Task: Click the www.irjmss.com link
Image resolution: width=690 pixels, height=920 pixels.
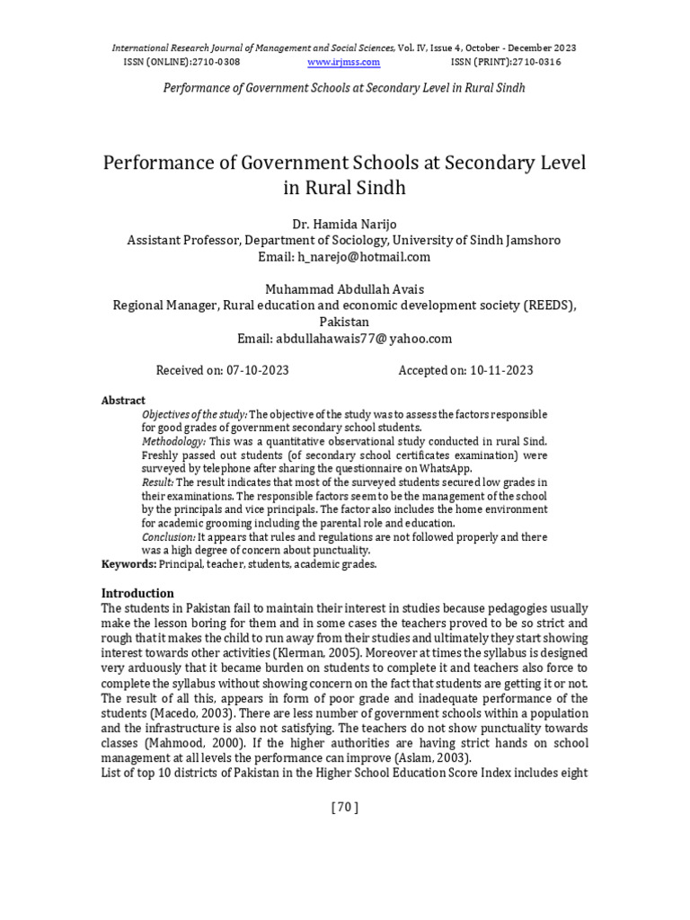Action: (x=344, y=62)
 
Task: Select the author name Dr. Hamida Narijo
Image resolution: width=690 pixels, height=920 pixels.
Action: (x=344, y=224)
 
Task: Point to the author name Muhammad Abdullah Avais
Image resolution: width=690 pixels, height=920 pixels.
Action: (x=344, y=288)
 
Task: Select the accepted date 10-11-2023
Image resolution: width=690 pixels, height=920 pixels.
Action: (x=496, y=370)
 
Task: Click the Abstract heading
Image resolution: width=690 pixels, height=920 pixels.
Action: (x=123, y=400)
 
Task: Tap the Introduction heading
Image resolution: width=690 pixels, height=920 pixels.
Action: (x=137, y=593)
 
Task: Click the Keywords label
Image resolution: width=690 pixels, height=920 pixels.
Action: (x=128, y=563)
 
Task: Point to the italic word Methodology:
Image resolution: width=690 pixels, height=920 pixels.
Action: (x=173, y=441)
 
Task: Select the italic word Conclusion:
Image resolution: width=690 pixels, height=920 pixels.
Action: (x=172, y=536)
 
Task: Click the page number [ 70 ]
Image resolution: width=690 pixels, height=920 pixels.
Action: (x=345, y=807)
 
